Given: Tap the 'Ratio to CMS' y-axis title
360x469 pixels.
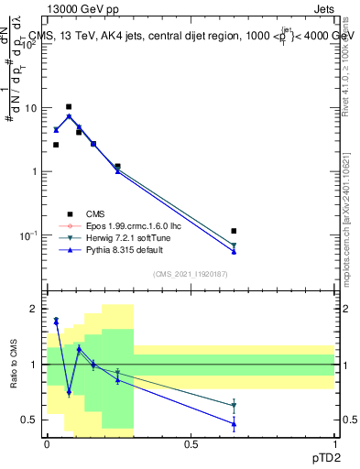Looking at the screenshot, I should tap(14, 365).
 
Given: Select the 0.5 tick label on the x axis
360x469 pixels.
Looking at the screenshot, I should tap(191, 444).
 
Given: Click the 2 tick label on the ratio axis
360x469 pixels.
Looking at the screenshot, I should tap(34, 310).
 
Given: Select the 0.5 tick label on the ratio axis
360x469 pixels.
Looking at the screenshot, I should tap(30, 420).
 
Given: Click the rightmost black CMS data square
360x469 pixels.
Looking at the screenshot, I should tap(235, 231).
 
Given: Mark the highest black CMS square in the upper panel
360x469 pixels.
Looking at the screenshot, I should tap(69, 107).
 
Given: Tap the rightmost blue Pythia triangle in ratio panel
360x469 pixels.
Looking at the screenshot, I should tap(235, 424).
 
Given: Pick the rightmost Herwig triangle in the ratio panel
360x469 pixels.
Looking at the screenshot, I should tap(235, 406).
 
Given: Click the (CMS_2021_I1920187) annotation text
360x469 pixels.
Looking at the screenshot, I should tap(190, 274).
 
